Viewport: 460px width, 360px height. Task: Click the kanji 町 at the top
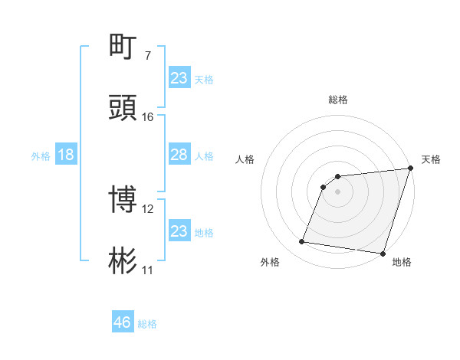(x=124, y=46)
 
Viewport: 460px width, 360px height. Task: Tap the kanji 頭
(x=124, y=108)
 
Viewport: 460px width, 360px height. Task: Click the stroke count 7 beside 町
(x=147, y=56)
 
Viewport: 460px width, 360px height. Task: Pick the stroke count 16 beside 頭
(x=147, y=117)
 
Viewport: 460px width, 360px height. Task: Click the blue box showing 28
(x=179, y=155)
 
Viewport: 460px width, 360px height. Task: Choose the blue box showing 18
(x=66, y=155)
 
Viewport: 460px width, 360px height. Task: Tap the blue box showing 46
(x=123, y=322)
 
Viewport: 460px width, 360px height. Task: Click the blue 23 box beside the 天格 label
(x=179, y=78)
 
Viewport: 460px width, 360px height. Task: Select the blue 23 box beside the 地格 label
(x=179, y=231)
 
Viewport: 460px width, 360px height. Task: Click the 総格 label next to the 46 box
(x=147, y=324)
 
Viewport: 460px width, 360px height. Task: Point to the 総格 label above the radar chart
(x=338, y=100)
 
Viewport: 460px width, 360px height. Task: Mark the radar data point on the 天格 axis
(x=410, y=169)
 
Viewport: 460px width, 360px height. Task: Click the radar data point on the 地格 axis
(x=381, y=253)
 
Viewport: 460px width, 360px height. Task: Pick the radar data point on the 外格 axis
(x=302, y=242)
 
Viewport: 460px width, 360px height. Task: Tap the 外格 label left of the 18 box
(x=41, y=155)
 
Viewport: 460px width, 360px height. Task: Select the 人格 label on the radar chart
(x=245, y=159)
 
